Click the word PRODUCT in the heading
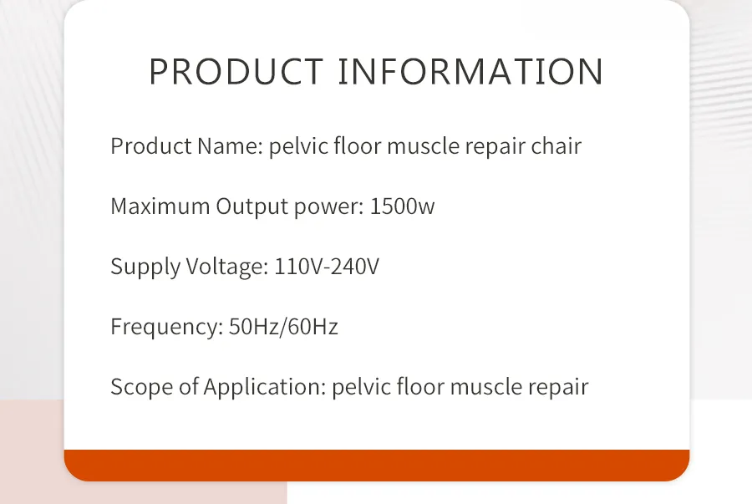click(x=236, y=72)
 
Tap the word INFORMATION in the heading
click(x=470, y=72)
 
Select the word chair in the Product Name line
click(x=556, y=146)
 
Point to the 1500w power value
click(x=402, y=206)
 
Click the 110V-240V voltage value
click(x=327, y=267)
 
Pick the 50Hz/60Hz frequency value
click(x=283, y=327)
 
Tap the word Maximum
click(x=160, y=206)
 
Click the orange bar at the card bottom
click(x=377, y=465)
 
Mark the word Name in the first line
click(x=230, y=146)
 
